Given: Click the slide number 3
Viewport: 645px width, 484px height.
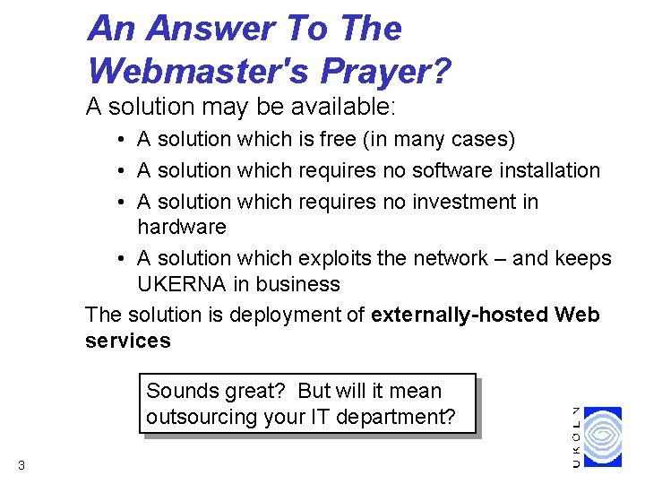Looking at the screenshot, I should tap(21, 464).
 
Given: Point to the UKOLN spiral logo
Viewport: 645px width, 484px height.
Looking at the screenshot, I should tap(609, 436).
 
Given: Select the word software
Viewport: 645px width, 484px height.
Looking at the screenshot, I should tap(450, 170).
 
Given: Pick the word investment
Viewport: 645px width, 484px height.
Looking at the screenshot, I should tap(464, 201).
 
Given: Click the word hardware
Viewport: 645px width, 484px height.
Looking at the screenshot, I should tap(182, 228).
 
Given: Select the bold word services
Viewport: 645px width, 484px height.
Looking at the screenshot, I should tap(127, 341).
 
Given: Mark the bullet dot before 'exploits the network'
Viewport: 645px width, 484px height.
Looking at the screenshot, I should tap(119, 258).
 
